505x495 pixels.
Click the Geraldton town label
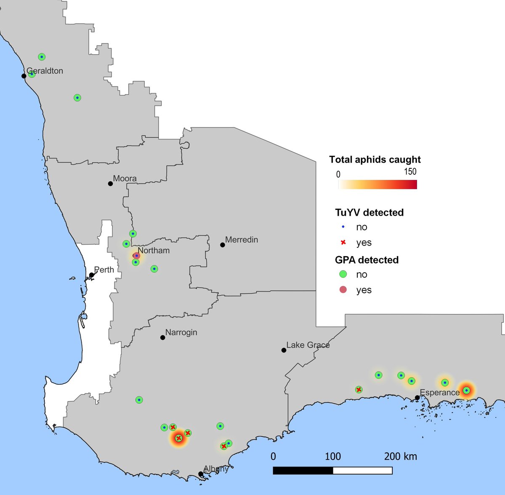pyautogui.click(x=45, y=71)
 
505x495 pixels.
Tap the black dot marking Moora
pyautogui.click(x=110, y=183)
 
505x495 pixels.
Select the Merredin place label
pyautogui.click(x=242, y=240)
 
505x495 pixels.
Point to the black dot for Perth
pyautogui.click(x=91, y=275)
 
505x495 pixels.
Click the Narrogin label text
pyautogui.click(x=181, y=332)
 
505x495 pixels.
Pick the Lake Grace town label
pyautogui.click(x=308, y=345)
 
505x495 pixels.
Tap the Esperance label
pyautogui.click(x=440, y=393)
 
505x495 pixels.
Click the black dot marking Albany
pyautogui.click(x=201, y=474)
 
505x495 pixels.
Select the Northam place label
pyautogui.click(x=154, y=250)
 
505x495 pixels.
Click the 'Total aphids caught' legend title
pyautogui.click(x=375, y=160)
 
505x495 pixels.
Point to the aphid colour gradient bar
pyautogui.click(x=377, y=185)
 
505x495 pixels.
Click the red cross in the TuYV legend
pyautogui.click(x=343, y=243)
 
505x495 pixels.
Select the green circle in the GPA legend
pyautogui.click(x=343, y=274)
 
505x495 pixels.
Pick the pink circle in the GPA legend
pyautogui.click(x=343, y=290)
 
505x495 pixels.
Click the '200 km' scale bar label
pyautogui.click(x=400, y=456)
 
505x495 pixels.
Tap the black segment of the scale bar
pyautogui.click(x=303, y=470)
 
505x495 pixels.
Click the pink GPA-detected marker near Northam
pyautogui.click(x=136, y=256)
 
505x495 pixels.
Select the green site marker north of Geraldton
pyautogui.click(x=42, y=57)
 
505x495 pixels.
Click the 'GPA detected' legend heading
pyautogui.click(x=367, y=260)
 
